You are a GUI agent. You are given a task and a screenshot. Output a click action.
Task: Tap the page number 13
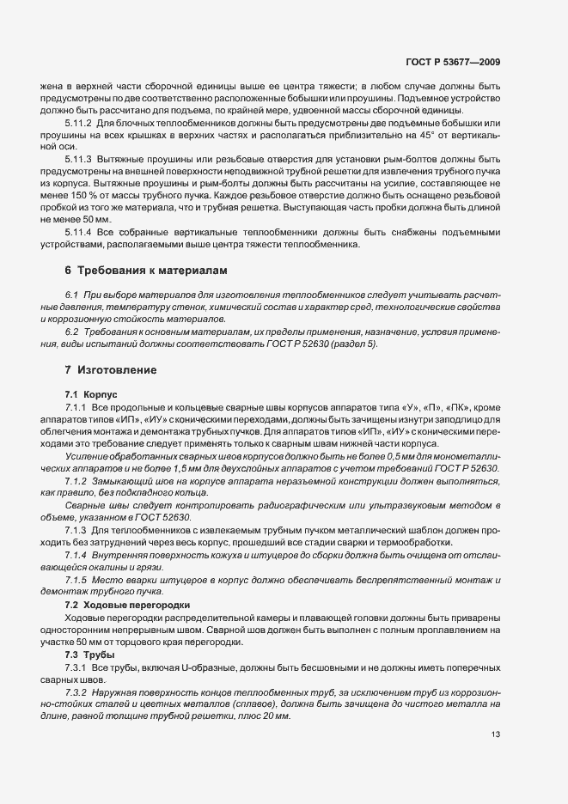(x=495, y=734)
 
